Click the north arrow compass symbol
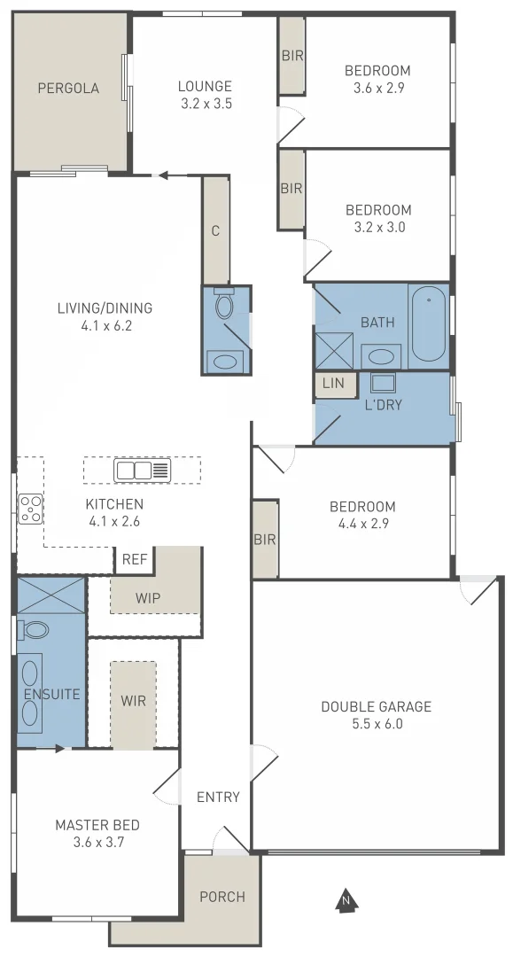click(x=346, y=899)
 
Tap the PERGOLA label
click(x=68, y=89)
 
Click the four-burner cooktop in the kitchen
click(x=30, y=509)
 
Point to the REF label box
click(x=134, y=559)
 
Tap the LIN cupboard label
click(x=333, y=383)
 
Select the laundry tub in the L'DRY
click(x=384, y=383)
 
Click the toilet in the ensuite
click(x=35, y=630)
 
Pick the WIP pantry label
click(x=148, y=597)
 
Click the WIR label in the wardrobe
click(x=133, y=699)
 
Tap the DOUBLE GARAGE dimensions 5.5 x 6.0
click(x=376, y=723)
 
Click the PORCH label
click(x=222, y=897)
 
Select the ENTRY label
click(x=218, y=797)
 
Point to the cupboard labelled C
click(x=215, y=230)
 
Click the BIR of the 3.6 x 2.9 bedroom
click(x=291, y=56)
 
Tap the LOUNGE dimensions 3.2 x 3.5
click(x=205, y=103)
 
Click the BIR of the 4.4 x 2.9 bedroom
click(x=265, y=539)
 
